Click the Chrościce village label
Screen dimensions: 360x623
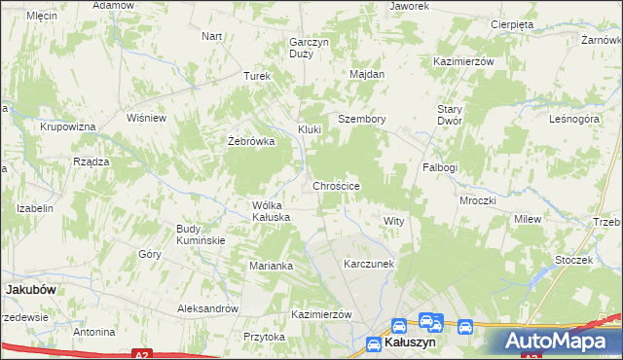pyautogui.click(x=338, y=185)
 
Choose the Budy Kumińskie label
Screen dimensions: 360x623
pyautogui.click(x=201, y=234)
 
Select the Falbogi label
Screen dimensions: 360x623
pyautogui.click(x=440, y=167)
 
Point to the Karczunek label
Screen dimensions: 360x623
pyautogui.click(x=368, y=264)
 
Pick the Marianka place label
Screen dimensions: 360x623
pyautogui.click(x=271, y=265)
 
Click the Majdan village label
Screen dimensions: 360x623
pyautogui.click(x=368, y=74)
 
